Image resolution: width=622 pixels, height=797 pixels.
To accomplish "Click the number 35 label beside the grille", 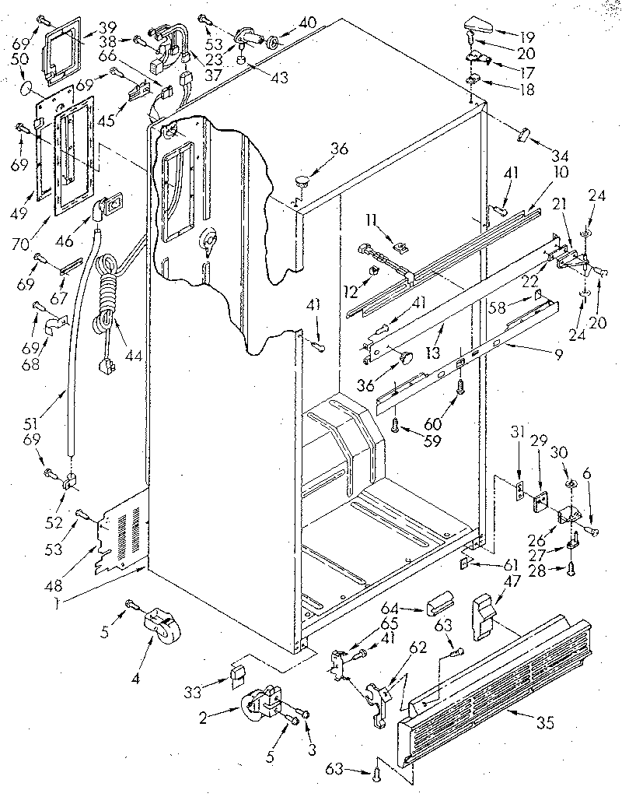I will click(x=545, y=723).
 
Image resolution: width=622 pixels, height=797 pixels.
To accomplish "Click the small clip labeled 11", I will click(x=400, y=248).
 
